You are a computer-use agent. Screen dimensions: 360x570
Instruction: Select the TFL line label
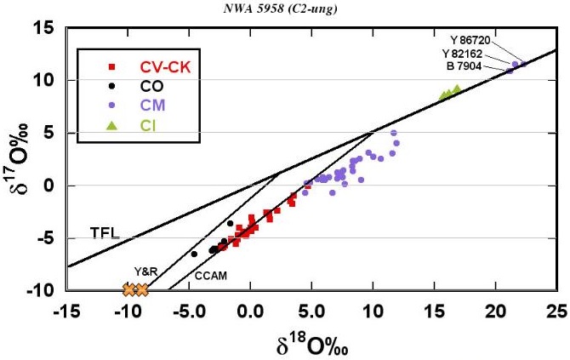[x=104, y=232]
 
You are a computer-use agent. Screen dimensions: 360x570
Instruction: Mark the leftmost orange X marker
[x=129, y=290]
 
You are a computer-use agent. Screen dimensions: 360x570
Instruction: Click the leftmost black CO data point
[x=194, y=254]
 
